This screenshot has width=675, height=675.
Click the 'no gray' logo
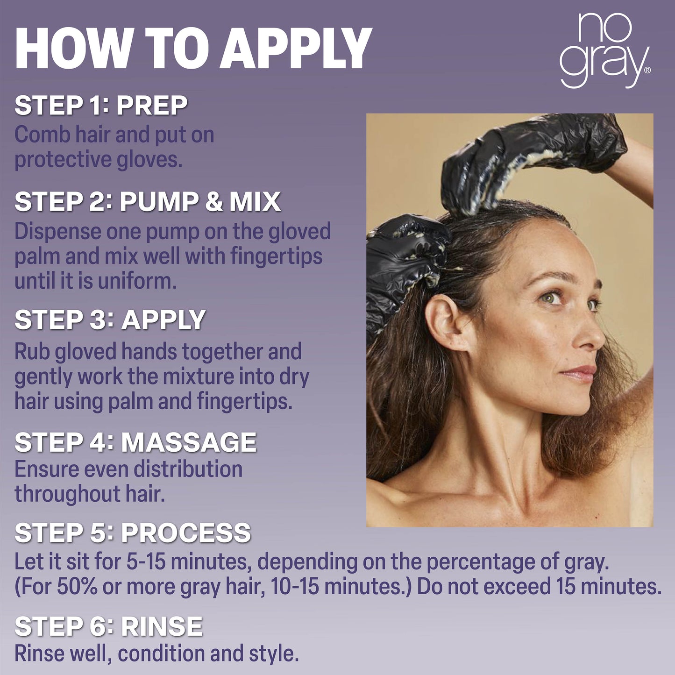click(x=605, y=50)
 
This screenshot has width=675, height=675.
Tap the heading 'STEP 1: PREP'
click(x=101, y=105)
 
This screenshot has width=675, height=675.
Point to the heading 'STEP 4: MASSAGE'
click(x=135, y=442)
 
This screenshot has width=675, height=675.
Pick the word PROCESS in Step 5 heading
click(x=186, y=533)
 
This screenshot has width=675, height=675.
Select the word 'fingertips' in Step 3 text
click(x=244, y=401)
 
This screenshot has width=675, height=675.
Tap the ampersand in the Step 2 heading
click(x=213, y=202)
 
